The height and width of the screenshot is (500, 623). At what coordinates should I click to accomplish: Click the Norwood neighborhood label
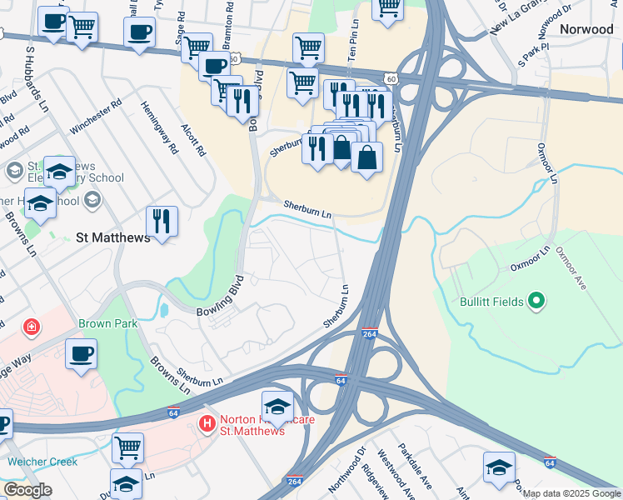tap(586, 29)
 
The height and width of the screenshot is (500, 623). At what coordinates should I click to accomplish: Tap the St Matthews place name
tap(112, 237)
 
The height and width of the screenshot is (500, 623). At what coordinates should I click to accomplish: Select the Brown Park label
tap(105, 323)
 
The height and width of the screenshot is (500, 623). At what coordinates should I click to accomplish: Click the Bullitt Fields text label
tap(491, 302)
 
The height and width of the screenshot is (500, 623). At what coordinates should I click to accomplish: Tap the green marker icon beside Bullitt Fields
tap(536, 301)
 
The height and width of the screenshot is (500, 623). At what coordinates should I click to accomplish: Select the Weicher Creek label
tap(42, 462)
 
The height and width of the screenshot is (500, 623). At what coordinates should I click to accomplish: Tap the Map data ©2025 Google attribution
tap(571, 493)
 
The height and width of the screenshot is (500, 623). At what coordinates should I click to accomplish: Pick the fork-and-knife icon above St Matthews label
tap(160, 222)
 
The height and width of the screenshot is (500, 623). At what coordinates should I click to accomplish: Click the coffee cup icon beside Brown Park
tap(81, 353)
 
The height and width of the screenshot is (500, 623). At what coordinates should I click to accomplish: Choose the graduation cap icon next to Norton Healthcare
tap(277, 406)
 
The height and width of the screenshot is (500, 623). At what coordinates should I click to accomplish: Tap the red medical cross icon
tap(32, 326)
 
